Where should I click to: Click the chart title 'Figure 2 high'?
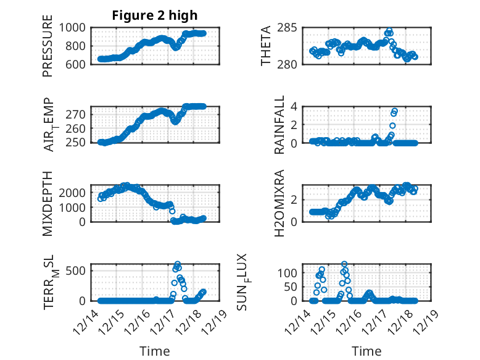point(155,15)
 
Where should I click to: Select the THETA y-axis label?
point(266,46)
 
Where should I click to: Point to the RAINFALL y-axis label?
point(279,125)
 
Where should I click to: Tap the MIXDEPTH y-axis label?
point(48,203)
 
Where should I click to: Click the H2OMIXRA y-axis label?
point(279,203)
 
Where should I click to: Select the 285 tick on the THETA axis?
point(291,28)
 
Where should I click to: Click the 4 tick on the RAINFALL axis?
point(295,107)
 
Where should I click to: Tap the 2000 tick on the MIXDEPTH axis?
point(75,193)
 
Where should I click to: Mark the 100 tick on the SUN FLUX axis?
point(291,272)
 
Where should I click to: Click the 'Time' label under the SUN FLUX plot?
point(366,351)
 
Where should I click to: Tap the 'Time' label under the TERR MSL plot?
point(155,351)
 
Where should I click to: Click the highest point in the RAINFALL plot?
point(395,111)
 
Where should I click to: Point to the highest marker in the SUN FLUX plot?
point(344,264)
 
